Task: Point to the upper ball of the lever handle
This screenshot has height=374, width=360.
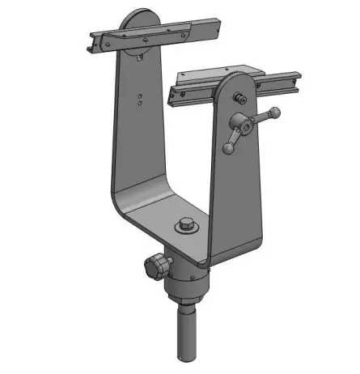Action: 275,112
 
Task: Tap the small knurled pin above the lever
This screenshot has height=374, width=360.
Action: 239,98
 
